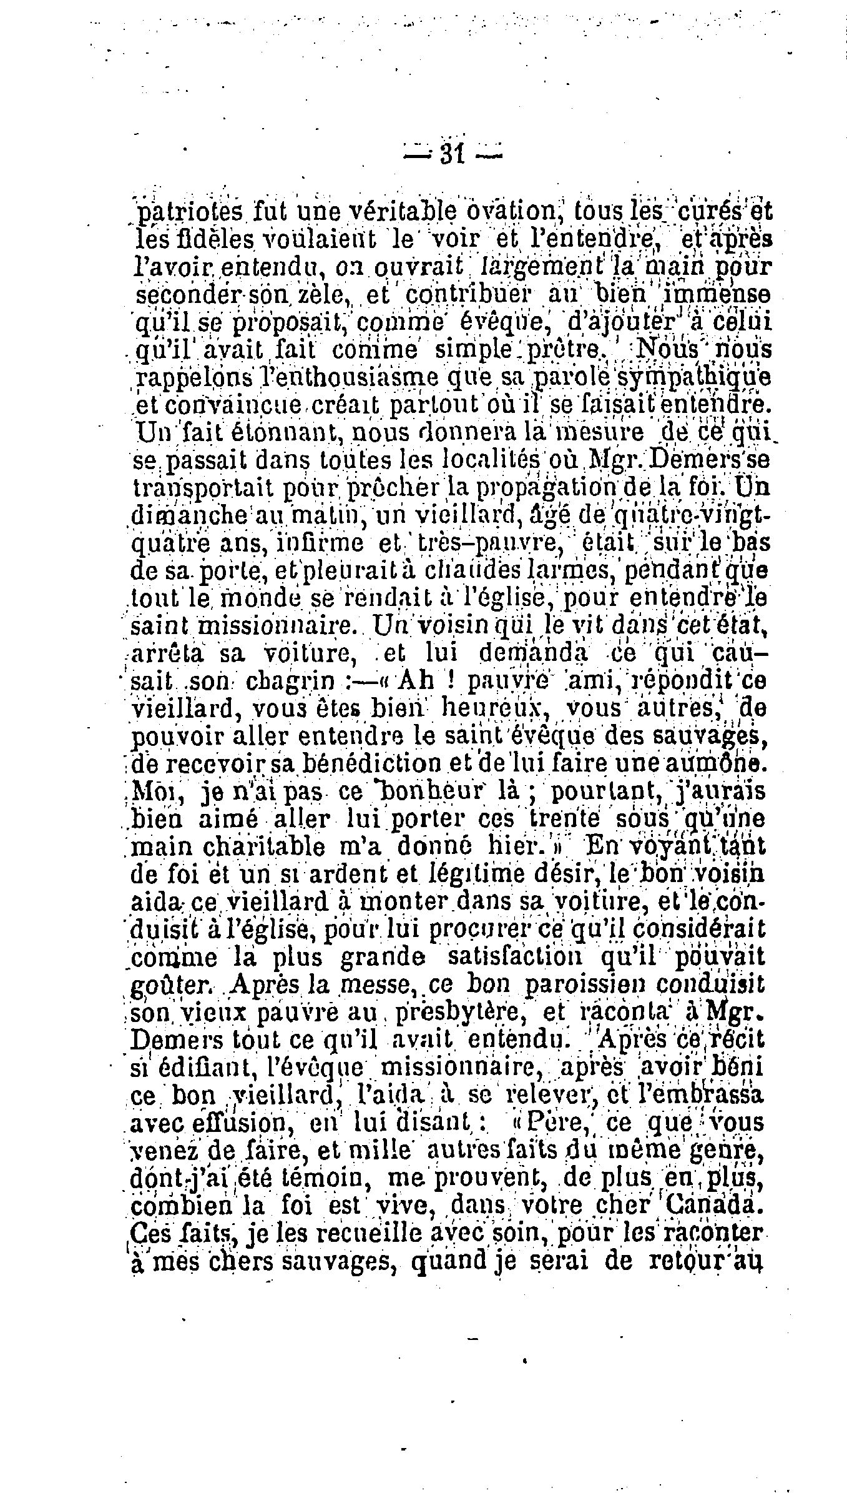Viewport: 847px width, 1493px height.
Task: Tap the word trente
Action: [564, 820]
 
